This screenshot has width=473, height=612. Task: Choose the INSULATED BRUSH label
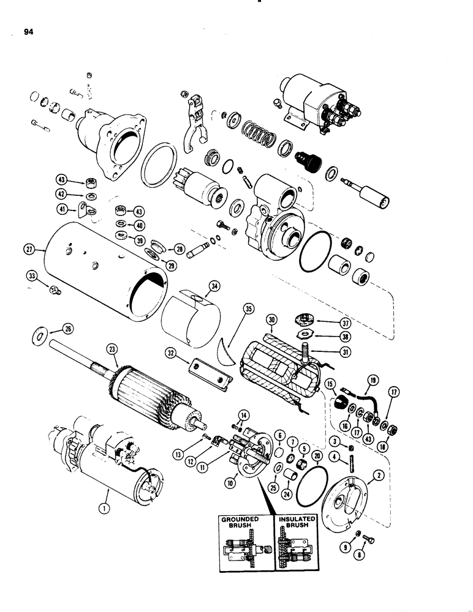click(x=297, y=523)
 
